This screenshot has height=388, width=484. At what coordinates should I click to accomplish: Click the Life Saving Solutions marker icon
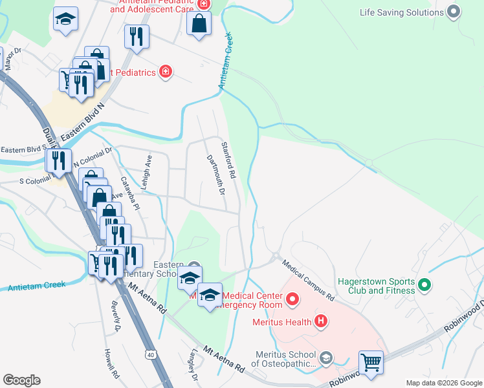[x=454, y=12]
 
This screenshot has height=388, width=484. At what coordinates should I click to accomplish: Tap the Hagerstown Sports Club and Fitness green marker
[x=424, y=285]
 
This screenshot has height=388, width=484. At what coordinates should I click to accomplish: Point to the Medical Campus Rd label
[x=307, y=280]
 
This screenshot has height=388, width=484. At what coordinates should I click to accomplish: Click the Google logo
[x=21, y=380]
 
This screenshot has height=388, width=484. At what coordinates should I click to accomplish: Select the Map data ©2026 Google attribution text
[x=443, y=383]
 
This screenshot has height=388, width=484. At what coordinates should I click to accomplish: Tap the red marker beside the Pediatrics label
[x=166, y=72]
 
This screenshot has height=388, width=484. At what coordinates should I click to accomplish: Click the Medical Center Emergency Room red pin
[x=292, y=299]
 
